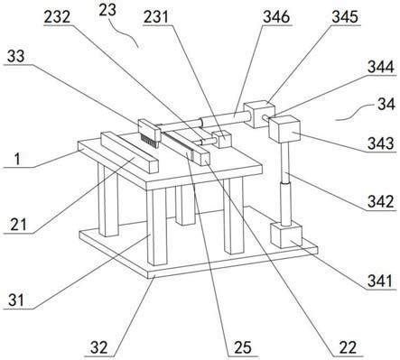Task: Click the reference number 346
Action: click(276, 18)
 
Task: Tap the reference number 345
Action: click(345, 18)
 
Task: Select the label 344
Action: click(381, 68)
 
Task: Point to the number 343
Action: click(381, 143)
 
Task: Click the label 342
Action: click(381, 202)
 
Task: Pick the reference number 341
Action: click(380, 282)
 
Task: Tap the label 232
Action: click(57, 17)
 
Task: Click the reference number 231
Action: click(155, 18)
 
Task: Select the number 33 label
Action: click(16, 56)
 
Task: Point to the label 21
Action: click(18, 225)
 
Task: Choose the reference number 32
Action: click(99, 348)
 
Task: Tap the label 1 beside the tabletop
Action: click(17, 159)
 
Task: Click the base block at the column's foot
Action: click(286, 235)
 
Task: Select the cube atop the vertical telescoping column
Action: click(285, 129)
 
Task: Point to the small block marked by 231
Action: click(221, 139)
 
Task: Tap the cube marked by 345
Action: click(259, 114)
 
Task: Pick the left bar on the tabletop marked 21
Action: click(130, 152)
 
